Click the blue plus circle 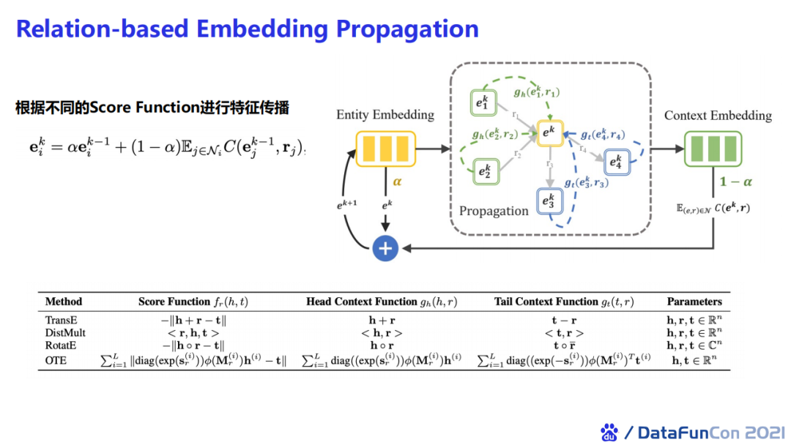tap(385, 248)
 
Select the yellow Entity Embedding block tap(385, 149)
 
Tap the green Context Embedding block tap(713, 149)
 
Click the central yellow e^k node tap(549, 132)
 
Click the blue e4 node tap(615, 161)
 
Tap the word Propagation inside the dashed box tap(494, 211)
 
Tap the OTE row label tap(56, 359)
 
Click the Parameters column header tap(694, 302)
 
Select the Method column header tap(64, 302)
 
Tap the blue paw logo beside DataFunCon tap(609, 432)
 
